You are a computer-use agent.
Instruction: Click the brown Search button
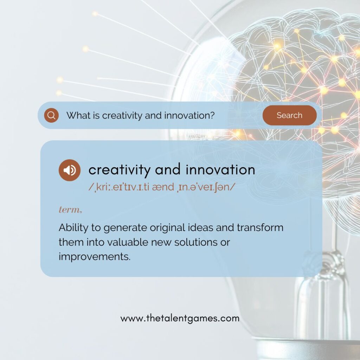tap(290, 115)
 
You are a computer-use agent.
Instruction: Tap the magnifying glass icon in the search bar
tap(51, 115)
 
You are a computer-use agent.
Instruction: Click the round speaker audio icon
tap(70, 170)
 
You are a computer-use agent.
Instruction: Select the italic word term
tap(70, 210)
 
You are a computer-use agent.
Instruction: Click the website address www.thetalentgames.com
tap(180, 319)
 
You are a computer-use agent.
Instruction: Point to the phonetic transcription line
tap(162, 187)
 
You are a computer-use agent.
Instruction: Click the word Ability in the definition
tap(73, 228)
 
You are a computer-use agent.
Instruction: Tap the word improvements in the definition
tap(95, 256)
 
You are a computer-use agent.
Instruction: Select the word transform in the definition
tap(260, 227)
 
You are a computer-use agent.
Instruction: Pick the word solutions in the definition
tap(196, 242)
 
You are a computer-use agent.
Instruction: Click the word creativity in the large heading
tap(120, 170)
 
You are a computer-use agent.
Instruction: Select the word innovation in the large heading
tap(220, 170)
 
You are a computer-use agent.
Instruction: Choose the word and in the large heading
tap(168, 170)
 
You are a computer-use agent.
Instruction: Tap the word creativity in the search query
tap(122, 115)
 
